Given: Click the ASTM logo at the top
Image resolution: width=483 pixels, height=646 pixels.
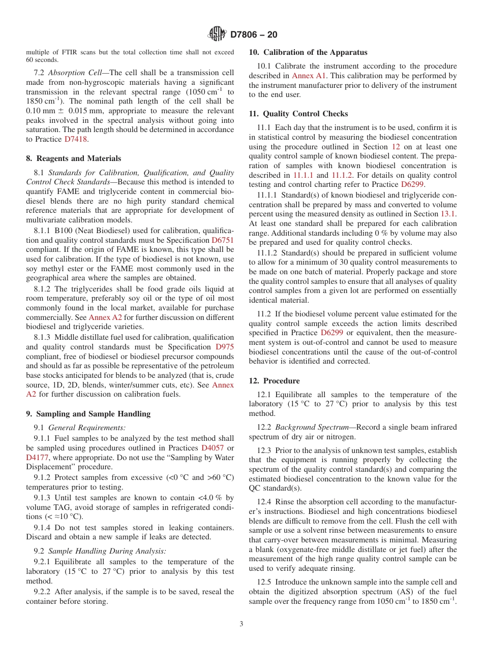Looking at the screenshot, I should (217, 35).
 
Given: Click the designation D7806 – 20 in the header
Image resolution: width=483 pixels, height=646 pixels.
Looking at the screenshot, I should (254, 35).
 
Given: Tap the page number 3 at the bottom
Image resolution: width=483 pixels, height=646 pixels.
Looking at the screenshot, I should (242, 624).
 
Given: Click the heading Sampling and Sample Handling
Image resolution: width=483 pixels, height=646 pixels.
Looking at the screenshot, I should (88, 414).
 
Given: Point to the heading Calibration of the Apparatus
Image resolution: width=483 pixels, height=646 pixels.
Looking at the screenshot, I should (308, 52).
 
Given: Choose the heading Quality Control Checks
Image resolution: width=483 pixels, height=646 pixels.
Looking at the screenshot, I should (298, 114).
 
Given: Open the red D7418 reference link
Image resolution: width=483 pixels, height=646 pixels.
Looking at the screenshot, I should (76, 139).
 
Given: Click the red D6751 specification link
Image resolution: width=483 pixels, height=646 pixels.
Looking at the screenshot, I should (223, 240).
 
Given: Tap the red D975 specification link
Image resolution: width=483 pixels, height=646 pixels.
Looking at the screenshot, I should (225, 347).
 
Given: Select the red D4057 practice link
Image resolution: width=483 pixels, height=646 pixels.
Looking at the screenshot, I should (213, 448).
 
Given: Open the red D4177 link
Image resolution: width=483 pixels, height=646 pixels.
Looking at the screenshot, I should (37, 458).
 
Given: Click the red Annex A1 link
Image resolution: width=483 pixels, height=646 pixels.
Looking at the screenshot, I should (309, 76).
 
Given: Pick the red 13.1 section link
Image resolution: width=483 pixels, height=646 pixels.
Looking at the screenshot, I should (448, 214).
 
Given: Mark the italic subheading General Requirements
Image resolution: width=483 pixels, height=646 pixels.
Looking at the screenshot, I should (87, 428).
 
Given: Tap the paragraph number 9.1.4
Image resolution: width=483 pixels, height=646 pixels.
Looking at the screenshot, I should (43, 528).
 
